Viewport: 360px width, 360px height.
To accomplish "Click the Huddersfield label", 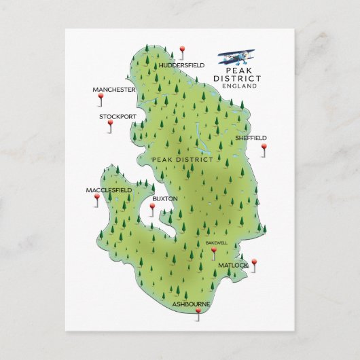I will point(181,65).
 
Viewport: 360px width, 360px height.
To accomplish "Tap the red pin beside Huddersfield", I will point(181,50).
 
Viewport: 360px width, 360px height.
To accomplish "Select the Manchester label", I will point(114,89).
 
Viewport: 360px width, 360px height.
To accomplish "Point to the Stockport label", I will point(118,116).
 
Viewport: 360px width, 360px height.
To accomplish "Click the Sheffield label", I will point(251,137).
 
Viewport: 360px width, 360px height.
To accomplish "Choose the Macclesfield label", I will point(109,190).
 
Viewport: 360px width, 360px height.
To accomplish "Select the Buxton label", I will point(165,198).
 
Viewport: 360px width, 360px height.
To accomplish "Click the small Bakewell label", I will point(217,242).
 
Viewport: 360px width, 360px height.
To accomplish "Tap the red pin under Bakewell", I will point(213,251).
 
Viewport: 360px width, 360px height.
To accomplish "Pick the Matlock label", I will point(234,264).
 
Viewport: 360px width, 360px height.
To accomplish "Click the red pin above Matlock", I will point(254,262).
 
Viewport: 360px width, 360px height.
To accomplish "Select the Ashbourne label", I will point(191,304).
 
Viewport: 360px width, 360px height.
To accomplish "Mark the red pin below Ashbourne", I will point(198,312).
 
